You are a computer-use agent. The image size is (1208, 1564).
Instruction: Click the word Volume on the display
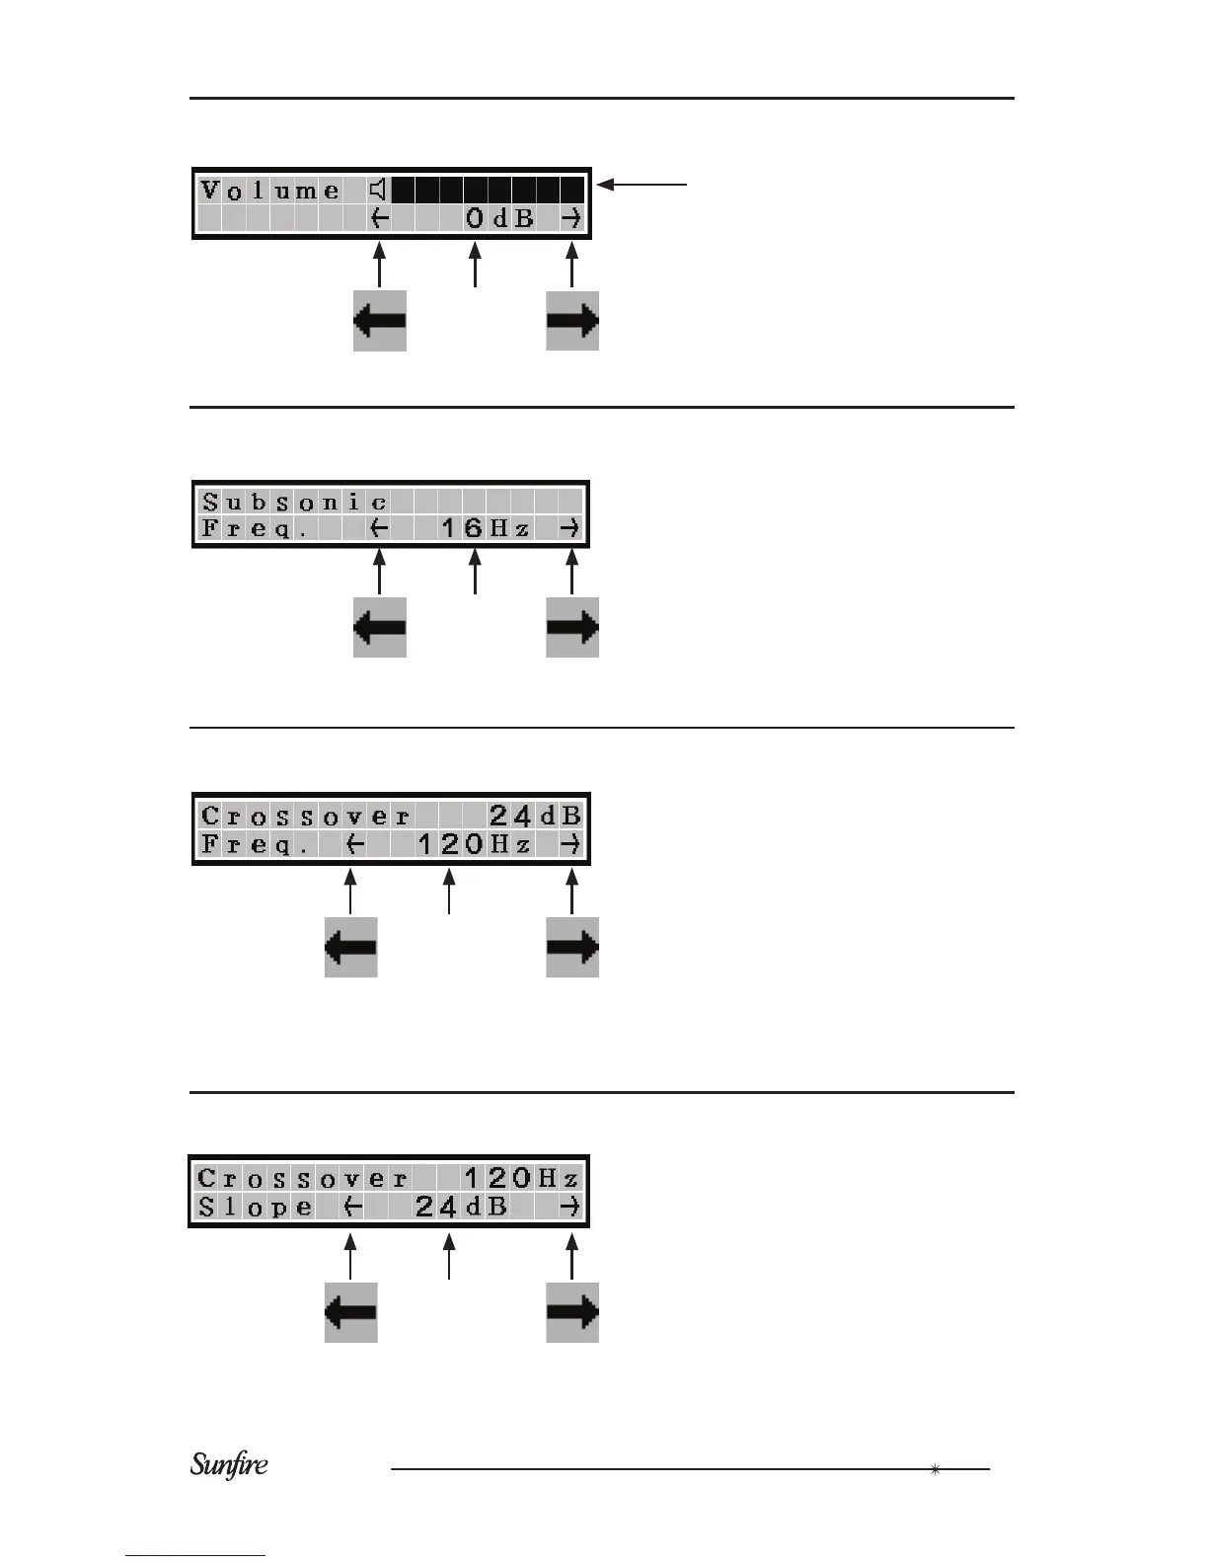[x=270, y=190]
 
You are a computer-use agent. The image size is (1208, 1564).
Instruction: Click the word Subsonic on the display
[x=294, y=502]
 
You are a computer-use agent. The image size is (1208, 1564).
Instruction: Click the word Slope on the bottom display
[x=256, y=1207]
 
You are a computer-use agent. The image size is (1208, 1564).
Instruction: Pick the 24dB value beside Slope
[x=461, y=1206]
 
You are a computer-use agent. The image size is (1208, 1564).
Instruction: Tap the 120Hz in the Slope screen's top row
[x=521, y=1178]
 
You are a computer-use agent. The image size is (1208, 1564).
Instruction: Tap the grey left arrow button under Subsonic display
[x=380, y=627]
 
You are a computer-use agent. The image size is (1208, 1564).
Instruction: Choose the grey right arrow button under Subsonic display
[x=572, y=627]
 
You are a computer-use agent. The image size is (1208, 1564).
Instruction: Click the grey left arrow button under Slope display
[x=351, y=1312]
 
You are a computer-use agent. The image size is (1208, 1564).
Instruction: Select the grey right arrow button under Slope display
[x=572, y=1312]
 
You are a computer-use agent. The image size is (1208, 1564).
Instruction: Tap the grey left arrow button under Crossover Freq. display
[x=351, y=948]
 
